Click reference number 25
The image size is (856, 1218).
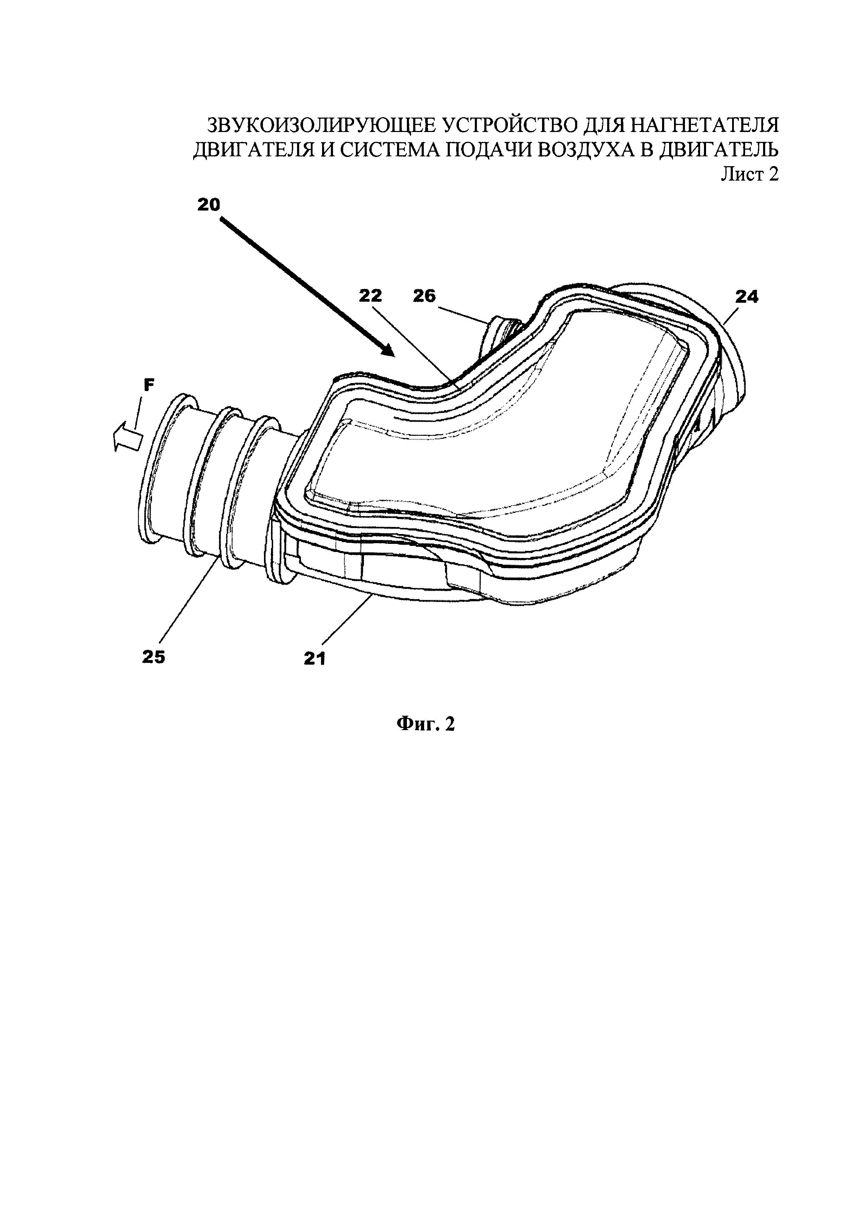pyautogui.click(x=154, y=657)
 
